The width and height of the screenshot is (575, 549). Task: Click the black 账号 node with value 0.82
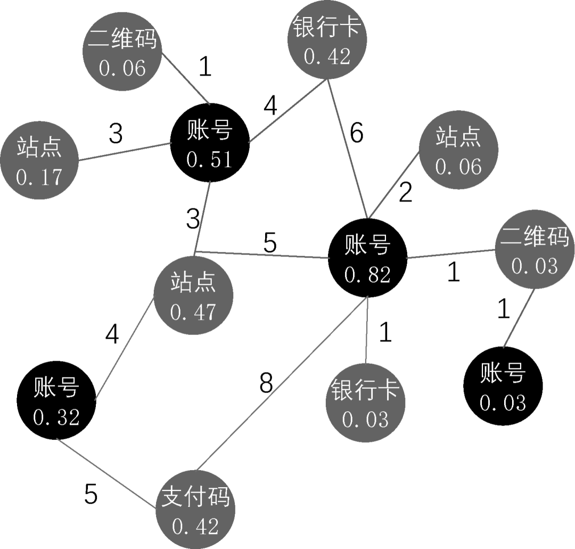368,258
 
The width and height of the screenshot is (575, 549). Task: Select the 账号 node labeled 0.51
210,142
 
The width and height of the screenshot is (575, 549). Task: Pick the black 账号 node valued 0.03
503,386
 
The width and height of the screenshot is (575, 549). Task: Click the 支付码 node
195,511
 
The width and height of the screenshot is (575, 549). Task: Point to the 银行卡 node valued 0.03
365,404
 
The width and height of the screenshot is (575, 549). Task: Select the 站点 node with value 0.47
193,296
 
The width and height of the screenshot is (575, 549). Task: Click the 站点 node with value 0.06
458,151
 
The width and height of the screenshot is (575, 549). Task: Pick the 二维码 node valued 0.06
122,53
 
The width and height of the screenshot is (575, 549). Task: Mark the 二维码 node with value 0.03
535,250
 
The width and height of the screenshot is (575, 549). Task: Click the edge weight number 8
266,383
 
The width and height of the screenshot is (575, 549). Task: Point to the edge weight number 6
356,133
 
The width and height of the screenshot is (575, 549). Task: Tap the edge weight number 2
406,193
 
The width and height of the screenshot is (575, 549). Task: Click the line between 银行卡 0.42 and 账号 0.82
347,149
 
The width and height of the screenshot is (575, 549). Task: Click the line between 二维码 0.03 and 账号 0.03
518,318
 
